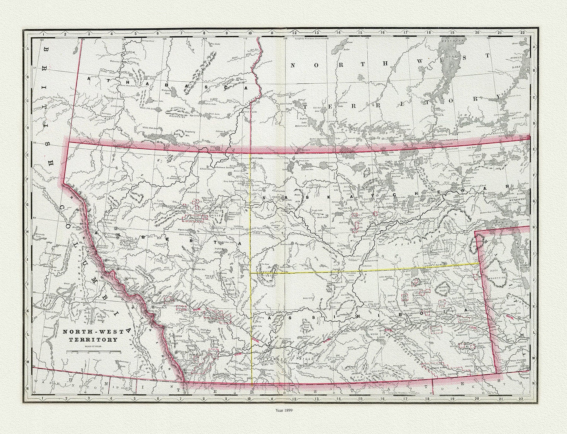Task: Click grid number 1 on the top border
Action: click(x=42, y=34)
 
